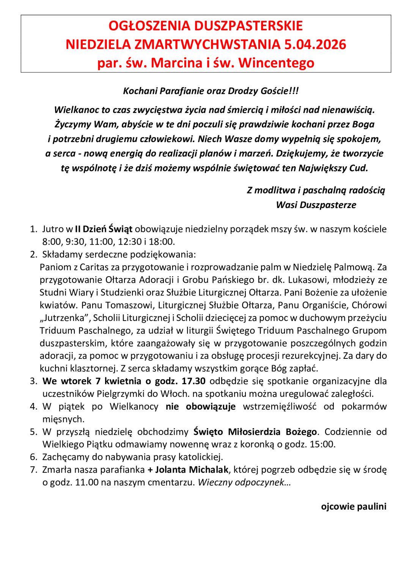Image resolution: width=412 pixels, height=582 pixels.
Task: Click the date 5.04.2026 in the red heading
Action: pyautogui.click(x=315, y=44)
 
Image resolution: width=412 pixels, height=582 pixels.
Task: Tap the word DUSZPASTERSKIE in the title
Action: pyautogui.click(x=248, y=26)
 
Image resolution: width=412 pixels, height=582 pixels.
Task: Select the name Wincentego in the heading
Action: pyautogui.click(x=276, y=63)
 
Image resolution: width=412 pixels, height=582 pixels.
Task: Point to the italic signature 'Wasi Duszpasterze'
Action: pyautogui.click(x=316, y=205)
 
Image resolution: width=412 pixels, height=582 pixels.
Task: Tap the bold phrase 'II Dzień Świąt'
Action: pyautogui.click(x=104, y=229)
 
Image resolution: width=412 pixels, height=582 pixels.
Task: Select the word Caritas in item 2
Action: pyautogui.click(x=94, y=267)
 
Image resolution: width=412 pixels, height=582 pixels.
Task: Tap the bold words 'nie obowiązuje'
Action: pyautogui.click(x=201, y=407)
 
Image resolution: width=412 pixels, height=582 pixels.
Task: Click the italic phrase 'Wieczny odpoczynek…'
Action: pyautogui.click(x=244, y=482)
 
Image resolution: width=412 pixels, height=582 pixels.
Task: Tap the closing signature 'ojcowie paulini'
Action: pyautogui.click(x=354, y=507)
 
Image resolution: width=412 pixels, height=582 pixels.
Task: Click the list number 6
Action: pyautogui.click(x=33, y=457)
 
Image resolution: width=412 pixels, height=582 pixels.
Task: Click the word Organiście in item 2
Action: pyautogui.click(x=323, y=305)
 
